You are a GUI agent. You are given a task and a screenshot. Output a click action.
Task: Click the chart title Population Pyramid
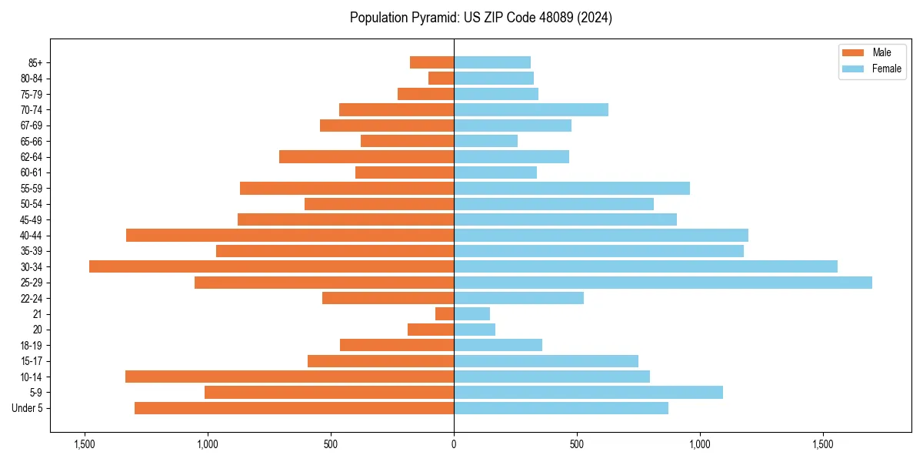[x=481, y=18]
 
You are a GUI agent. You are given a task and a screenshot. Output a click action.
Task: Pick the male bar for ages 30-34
[x=272, y=266]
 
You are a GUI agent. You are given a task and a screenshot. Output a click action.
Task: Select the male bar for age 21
[x=445, y=314]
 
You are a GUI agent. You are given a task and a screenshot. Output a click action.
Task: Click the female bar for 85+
[x=492, y=62]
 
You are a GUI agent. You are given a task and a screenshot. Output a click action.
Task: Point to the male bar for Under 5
[x=294, y=408]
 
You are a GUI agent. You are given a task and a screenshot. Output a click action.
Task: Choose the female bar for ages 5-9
[x=588, y=393]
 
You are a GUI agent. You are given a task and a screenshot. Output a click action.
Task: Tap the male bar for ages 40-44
[x=290, y=236]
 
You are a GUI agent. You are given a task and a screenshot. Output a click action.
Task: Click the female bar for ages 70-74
[x=531, y=109]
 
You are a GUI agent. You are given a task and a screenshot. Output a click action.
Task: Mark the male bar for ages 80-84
[x=442, y=78]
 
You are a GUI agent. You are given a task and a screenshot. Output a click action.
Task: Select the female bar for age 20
[x=475, y=330]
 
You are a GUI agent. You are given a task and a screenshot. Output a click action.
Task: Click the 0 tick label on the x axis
[x=454, y=444]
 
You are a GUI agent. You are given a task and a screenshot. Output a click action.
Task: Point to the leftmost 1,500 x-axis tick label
[x=84, y=444]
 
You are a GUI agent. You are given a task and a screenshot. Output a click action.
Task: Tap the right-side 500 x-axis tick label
[x=577, y=444]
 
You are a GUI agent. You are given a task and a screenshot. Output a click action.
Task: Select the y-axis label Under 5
[x=28, y=408]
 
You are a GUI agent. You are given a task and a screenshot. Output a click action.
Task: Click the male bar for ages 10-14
[x=289, y=377]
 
